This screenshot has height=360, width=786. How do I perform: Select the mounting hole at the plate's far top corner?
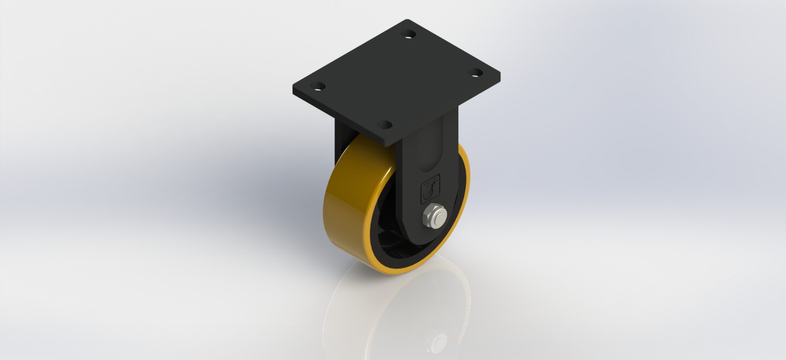click(x=407, y=34)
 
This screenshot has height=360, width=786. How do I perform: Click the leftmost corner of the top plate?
click(x=293, y=89)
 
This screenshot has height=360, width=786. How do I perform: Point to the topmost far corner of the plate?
click(x=408, y=20)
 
